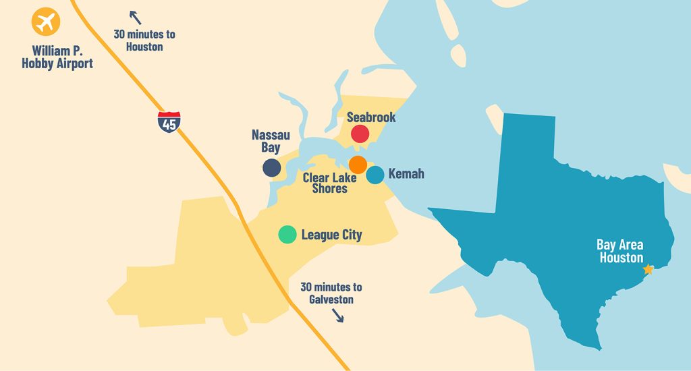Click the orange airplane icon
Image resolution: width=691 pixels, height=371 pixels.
(46, 22)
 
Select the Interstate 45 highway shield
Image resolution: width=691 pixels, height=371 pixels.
(169, 121)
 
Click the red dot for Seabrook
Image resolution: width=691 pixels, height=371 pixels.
(360, 134)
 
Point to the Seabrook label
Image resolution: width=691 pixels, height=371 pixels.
(371, 117)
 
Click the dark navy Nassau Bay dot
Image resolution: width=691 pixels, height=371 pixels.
(272, 168)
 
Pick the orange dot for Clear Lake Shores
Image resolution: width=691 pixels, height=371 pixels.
(358, 164)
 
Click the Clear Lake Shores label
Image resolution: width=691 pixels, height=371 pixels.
(329, 183)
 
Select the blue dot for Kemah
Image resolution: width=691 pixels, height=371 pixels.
(375, 175)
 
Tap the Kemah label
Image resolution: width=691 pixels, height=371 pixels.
(406, 174)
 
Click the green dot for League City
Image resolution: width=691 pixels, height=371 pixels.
(287, 234)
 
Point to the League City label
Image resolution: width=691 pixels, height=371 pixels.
(331, 235)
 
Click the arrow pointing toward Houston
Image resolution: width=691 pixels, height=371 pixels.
(136, 18)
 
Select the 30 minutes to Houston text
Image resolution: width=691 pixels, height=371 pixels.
(144, 40)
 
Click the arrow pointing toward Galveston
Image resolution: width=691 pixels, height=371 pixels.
(337, 315)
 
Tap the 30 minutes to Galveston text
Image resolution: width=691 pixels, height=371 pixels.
(331, 293)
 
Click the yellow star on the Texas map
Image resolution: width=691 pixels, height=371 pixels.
(648, 269)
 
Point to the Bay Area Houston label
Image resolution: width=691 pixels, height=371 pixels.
(620, 250)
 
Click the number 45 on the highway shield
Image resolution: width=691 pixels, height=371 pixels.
(169, 124)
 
